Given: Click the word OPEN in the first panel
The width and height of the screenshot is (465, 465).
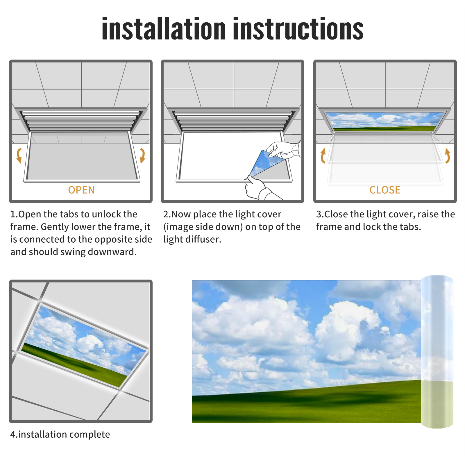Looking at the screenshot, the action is [x=81, y=190].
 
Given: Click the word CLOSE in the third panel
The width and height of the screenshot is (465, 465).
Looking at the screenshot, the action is [x=385, y=190].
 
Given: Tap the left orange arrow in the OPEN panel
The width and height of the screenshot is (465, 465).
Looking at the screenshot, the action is [x=19, y=155].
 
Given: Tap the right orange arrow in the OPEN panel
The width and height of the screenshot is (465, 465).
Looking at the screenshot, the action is [x=142, y=155].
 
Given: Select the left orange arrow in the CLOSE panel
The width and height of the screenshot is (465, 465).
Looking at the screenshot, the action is [x=323, y=155].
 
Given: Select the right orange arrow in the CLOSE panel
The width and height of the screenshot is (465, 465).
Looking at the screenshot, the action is [x=448, y=155].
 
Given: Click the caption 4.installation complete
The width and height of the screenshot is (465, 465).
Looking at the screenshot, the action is [x=60, y=434].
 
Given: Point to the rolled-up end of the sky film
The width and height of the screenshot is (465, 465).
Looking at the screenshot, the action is [x=437, y=352].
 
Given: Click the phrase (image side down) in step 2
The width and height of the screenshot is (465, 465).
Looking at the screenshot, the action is [x=203, y=227].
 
